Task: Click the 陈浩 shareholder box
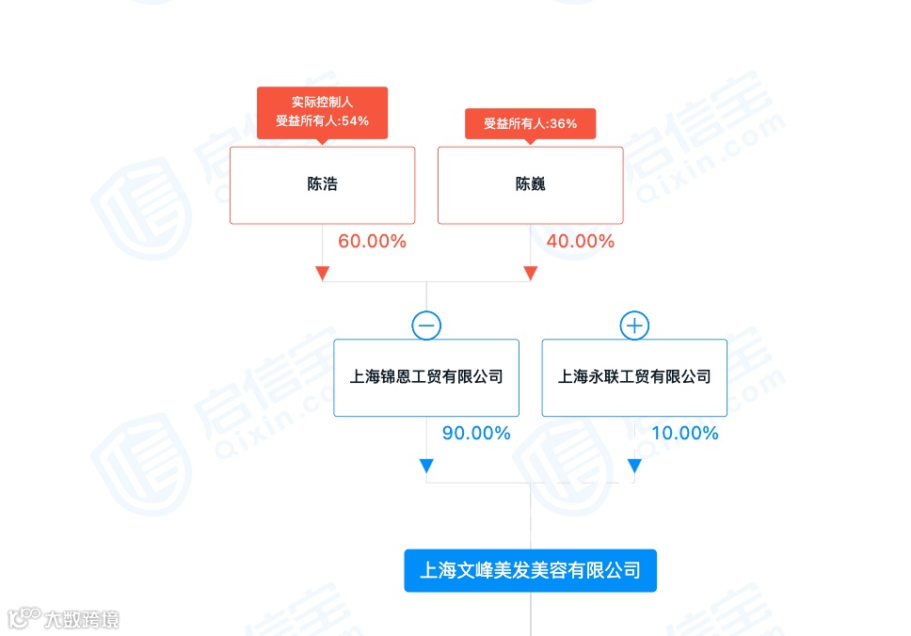click(322, 185)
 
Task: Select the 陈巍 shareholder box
click(530, 185)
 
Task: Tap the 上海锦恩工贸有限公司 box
click(426, 377)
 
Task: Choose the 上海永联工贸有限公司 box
click(634, 377)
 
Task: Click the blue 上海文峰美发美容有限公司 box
click(530, 570)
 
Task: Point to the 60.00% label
click(372, 242)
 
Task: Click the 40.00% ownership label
click(580, 242)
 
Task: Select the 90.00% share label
click(476, 434)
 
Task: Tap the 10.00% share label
click(684, 434)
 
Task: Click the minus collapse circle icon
click(426, 326)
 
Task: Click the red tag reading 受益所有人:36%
click(530, 123)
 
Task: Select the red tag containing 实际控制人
click(322, 101)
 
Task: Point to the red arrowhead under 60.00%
click(322, 274)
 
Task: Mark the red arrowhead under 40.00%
click(530, 274)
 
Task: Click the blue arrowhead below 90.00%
click(426, 467)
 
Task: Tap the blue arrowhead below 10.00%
click(634, 467)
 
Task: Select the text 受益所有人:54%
click(322, 121)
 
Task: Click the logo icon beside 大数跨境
click(25, 618)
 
